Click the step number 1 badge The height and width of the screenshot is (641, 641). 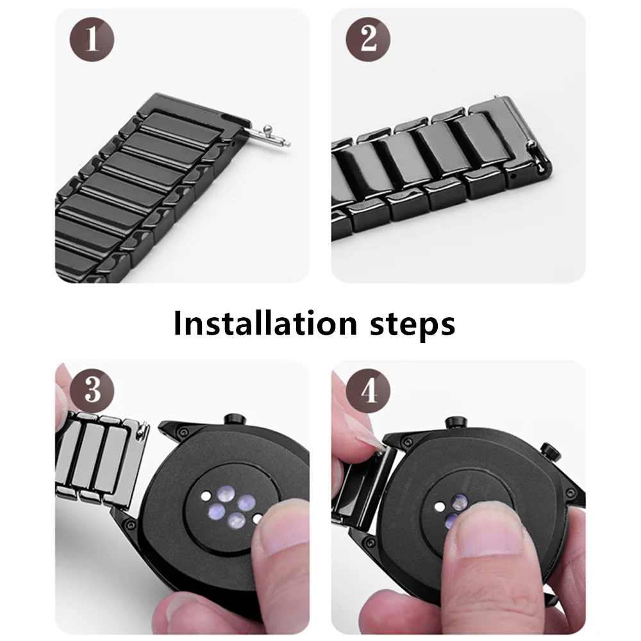pyautogui.click(x=92, y=40)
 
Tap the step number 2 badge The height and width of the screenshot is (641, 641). pyautogui.click(x=368, y=40)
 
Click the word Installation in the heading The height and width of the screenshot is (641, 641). pyautogui.click(x=266, y=324)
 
